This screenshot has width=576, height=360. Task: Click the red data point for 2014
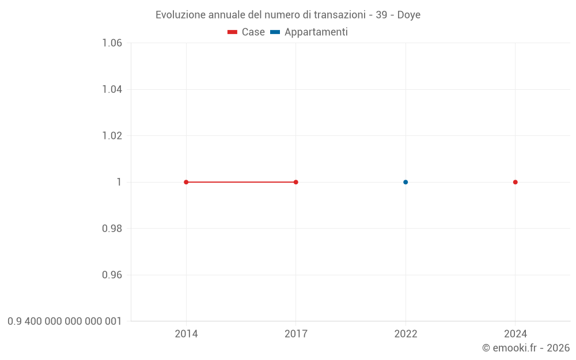[x=186, y=182]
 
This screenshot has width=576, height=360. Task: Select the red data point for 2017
[x=296, y=182]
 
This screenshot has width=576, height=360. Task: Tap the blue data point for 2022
[x=406, y=182]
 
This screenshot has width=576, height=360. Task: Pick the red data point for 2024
[x=516, y=182]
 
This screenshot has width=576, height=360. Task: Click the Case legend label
[x=253, y=32]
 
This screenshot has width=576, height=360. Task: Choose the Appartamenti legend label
[x=316, y=32]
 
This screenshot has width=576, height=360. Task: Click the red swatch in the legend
[x=233, y=32]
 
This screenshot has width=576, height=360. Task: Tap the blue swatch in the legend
[x=275, y=32]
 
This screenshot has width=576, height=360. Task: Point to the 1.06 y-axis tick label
[x=112, y=43]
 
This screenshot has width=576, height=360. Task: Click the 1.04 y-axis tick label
[x=112, y=89]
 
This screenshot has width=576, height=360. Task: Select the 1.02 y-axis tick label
[x=112, y=136]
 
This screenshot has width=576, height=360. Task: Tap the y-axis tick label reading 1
[x=119, y=182]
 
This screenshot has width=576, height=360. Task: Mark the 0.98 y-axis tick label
[x=112, y=229]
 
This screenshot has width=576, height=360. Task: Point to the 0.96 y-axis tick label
[x=112, y=275]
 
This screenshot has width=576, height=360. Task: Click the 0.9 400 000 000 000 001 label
[x=65, y=321]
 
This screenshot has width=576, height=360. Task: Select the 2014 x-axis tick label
[x=186, y=334]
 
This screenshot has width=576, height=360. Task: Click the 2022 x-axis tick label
[x=406, y=334]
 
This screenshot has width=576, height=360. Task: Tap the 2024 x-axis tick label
[x=516, y=334]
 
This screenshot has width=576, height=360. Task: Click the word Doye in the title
[x=409, y=15]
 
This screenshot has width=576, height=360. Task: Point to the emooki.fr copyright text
[x=526, y=348]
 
